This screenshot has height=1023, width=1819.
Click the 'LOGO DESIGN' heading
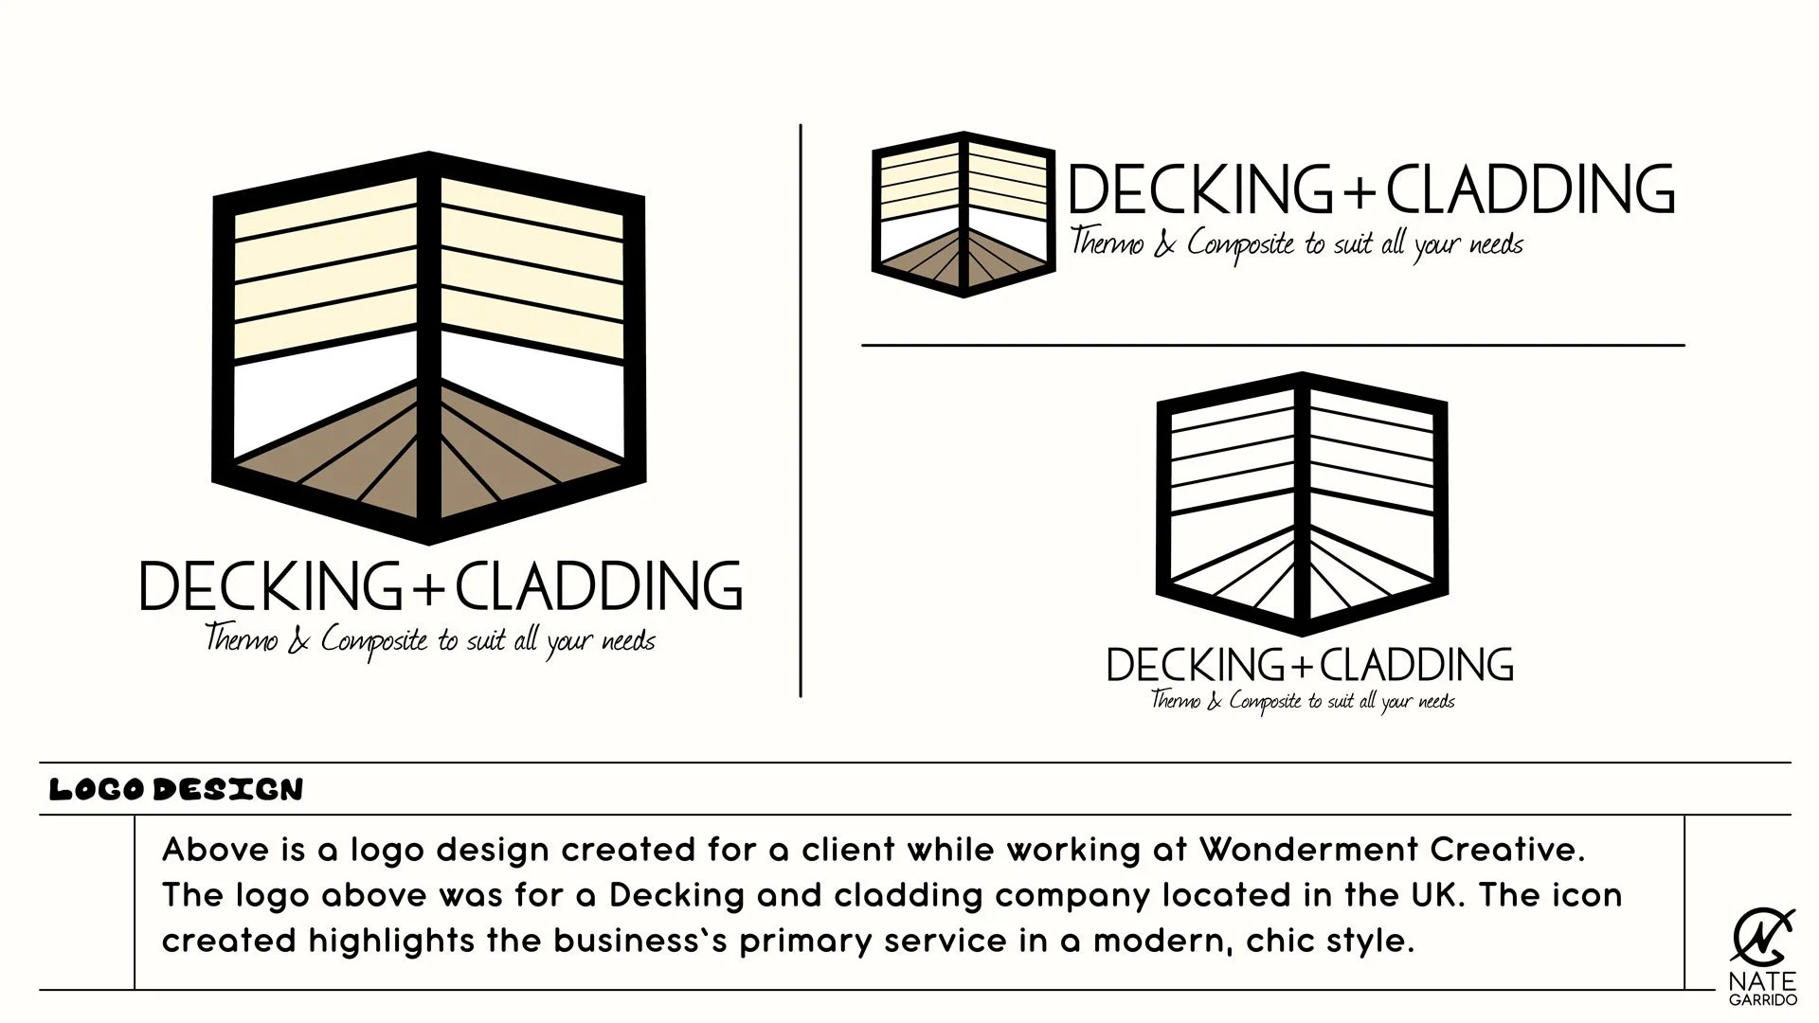[x=176, y=789]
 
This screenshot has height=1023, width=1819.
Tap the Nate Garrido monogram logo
[x=1761, y=938]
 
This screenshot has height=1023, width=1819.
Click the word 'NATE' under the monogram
[x=1762, y=981]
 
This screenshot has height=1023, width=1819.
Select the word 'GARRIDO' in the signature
[x=1762, y=1000]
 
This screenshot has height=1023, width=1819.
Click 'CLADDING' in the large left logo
[x=599, y=586]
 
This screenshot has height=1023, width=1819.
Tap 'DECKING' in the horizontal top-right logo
[x=1201, y=189]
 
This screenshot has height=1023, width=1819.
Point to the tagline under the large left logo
[x=430, y=640]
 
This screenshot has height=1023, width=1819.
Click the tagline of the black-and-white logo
[x=1303, y=701]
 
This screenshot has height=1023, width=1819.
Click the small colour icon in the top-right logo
[x=964, y=214]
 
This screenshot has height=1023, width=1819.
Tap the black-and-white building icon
[x=1302, y=503]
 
